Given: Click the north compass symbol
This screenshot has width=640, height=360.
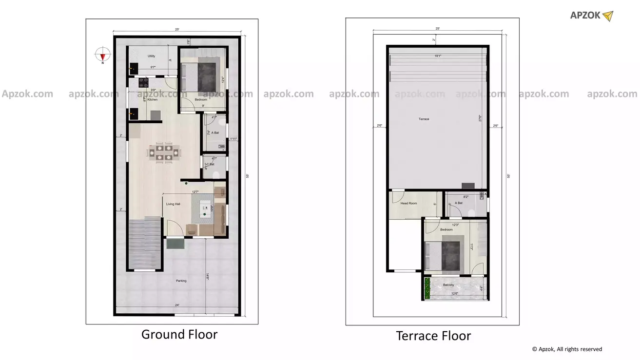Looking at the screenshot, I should tap(102, 55).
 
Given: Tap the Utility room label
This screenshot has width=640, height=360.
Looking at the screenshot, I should tap(151, 57).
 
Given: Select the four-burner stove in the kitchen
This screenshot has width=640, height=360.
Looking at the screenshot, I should tap(143, 82).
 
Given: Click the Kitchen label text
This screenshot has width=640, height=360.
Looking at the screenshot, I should tap(153, 99).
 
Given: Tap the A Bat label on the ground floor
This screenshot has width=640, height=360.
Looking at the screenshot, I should tap(215, 133).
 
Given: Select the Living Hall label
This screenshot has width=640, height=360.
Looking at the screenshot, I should tap(173, 204).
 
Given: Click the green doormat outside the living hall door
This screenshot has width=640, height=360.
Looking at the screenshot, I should tap(175, 243).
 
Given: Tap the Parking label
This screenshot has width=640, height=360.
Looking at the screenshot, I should tap(181, 281).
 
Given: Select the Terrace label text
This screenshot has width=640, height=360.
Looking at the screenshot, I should tap(424, 119).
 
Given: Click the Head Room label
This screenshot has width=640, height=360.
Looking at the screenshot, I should tap(408, 203).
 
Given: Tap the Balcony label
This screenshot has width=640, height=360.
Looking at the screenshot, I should tap(448, 285).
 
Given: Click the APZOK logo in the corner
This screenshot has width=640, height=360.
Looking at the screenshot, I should tap(591, 16).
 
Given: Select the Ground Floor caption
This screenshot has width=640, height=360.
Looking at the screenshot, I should tap(179, 334).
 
